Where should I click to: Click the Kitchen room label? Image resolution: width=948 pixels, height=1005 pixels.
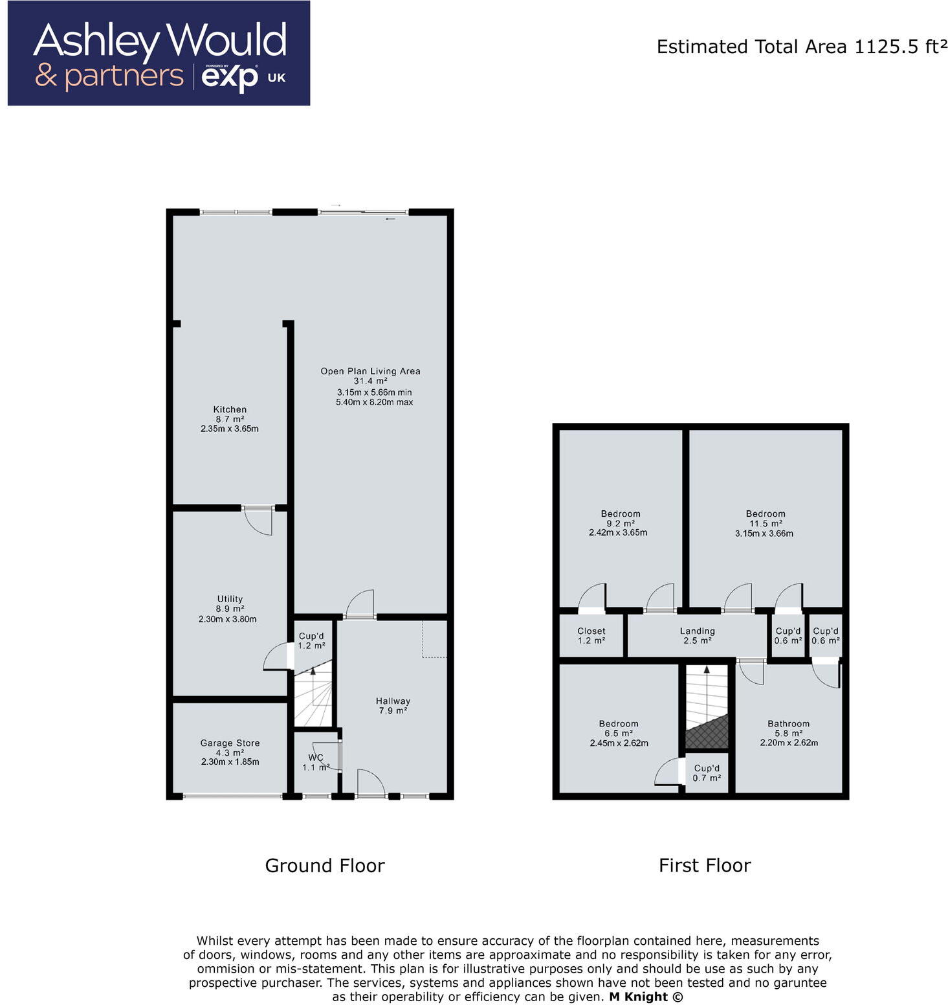pos(230,409)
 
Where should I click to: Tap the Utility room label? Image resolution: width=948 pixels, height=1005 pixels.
pos(230,599)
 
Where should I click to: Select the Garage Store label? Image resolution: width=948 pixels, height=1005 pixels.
pos(230,743)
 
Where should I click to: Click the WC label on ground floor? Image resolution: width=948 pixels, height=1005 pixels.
pos(316,758)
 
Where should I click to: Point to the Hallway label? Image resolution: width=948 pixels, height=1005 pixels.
pos(393,701)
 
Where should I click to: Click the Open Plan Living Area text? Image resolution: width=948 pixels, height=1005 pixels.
pos(370,371)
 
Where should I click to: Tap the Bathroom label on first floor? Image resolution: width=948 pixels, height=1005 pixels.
pos(788,724)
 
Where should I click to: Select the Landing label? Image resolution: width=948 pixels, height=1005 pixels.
pos(697,631)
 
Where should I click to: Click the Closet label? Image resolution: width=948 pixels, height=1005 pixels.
pos(591,631)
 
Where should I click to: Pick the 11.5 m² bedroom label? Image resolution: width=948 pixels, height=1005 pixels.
pos(765,514)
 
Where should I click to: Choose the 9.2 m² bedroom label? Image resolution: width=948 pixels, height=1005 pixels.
pos(620,514)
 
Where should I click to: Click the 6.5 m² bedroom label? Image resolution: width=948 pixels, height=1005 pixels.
pos(618,724)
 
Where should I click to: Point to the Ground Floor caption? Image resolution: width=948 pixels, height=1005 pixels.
pos(325,866)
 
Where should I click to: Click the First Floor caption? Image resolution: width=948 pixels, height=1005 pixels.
pos(705,866)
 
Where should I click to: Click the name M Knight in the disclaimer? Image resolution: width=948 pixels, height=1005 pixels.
pos(638,997)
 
